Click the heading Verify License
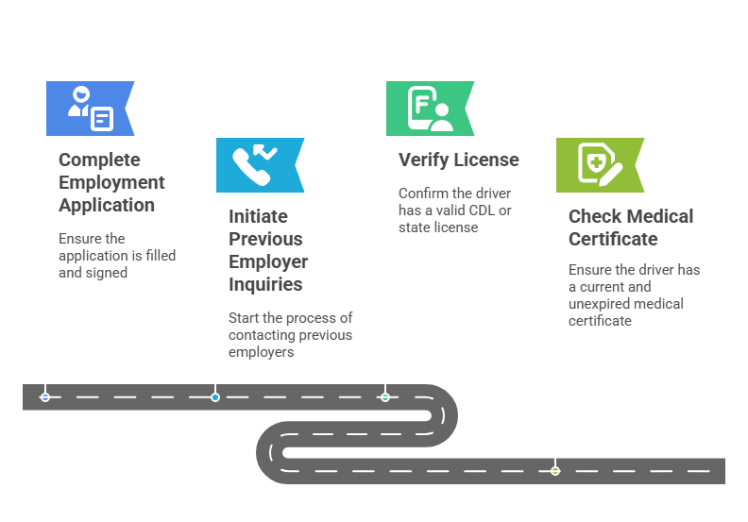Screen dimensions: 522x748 click(458, 160)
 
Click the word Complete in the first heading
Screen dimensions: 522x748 click(99, 160)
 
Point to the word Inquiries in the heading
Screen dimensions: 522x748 click(265, 284)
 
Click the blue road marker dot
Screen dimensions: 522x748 click(45, 397)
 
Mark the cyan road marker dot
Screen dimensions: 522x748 click(215, 397)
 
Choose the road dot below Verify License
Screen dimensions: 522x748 click(385, 397)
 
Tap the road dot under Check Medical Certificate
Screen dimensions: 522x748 click(555, 470)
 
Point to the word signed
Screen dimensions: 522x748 click(106, 272)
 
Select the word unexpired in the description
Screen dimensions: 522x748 click(602, 304)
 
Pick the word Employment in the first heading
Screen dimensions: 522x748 click(111, 182)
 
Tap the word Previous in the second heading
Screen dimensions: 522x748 click(265, 239)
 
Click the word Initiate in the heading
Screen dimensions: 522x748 click(258, 216)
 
